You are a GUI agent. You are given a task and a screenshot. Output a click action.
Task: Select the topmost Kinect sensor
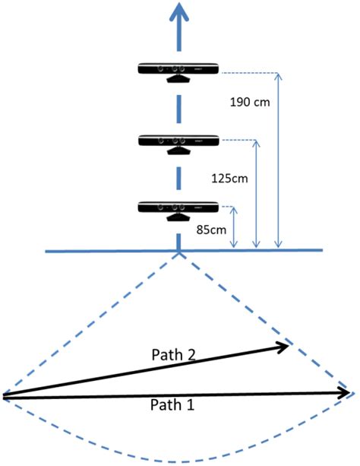(178, 70)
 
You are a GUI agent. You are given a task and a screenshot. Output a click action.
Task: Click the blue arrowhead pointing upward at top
(179, 13)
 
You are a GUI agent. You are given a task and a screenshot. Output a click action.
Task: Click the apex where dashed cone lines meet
(179, 254)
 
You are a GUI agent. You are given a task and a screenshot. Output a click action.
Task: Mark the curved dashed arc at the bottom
(180, 461)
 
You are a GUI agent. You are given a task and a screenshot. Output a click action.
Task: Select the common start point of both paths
(4, 395)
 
